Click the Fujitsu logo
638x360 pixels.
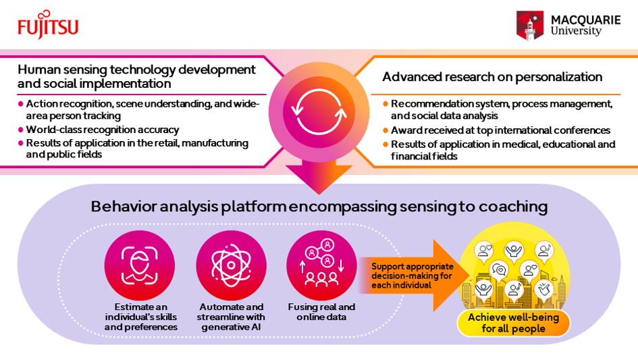(48, 25)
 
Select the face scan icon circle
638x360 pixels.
(140, 265)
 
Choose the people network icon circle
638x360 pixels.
(321, 265)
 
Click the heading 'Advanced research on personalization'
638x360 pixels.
(492, 77)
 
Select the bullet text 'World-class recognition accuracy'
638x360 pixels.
(102, 130)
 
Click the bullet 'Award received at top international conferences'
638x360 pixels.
(500, 130)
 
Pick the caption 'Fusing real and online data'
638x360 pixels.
(321, 312)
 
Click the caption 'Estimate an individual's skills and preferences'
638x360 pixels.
(140, 317)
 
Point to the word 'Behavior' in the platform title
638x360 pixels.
(119, 207)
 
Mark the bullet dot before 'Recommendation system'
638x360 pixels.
(386, 103)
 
